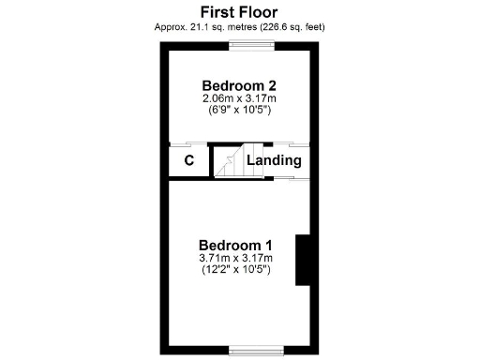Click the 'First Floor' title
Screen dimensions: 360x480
pos(239,10)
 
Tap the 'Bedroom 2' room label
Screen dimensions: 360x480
pos(237,85)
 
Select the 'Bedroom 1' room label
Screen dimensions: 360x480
pos(235,246)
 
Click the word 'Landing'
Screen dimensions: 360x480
pos(274,159)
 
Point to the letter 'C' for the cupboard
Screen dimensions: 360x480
pos(188,160)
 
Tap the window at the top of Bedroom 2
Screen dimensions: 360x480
pos(249,46)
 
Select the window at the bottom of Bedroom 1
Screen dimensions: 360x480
pos(248,352)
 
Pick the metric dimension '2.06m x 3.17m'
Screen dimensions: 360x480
pos(237,98)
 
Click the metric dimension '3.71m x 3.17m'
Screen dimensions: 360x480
pos(235,258)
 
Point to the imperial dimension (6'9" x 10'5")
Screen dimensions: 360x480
pos(237,111)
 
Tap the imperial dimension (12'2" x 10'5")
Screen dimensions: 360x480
pos(235,270)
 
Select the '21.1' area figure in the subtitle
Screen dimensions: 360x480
pos(196,26)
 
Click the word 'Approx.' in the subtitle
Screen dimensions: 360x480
pos(171,26)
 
